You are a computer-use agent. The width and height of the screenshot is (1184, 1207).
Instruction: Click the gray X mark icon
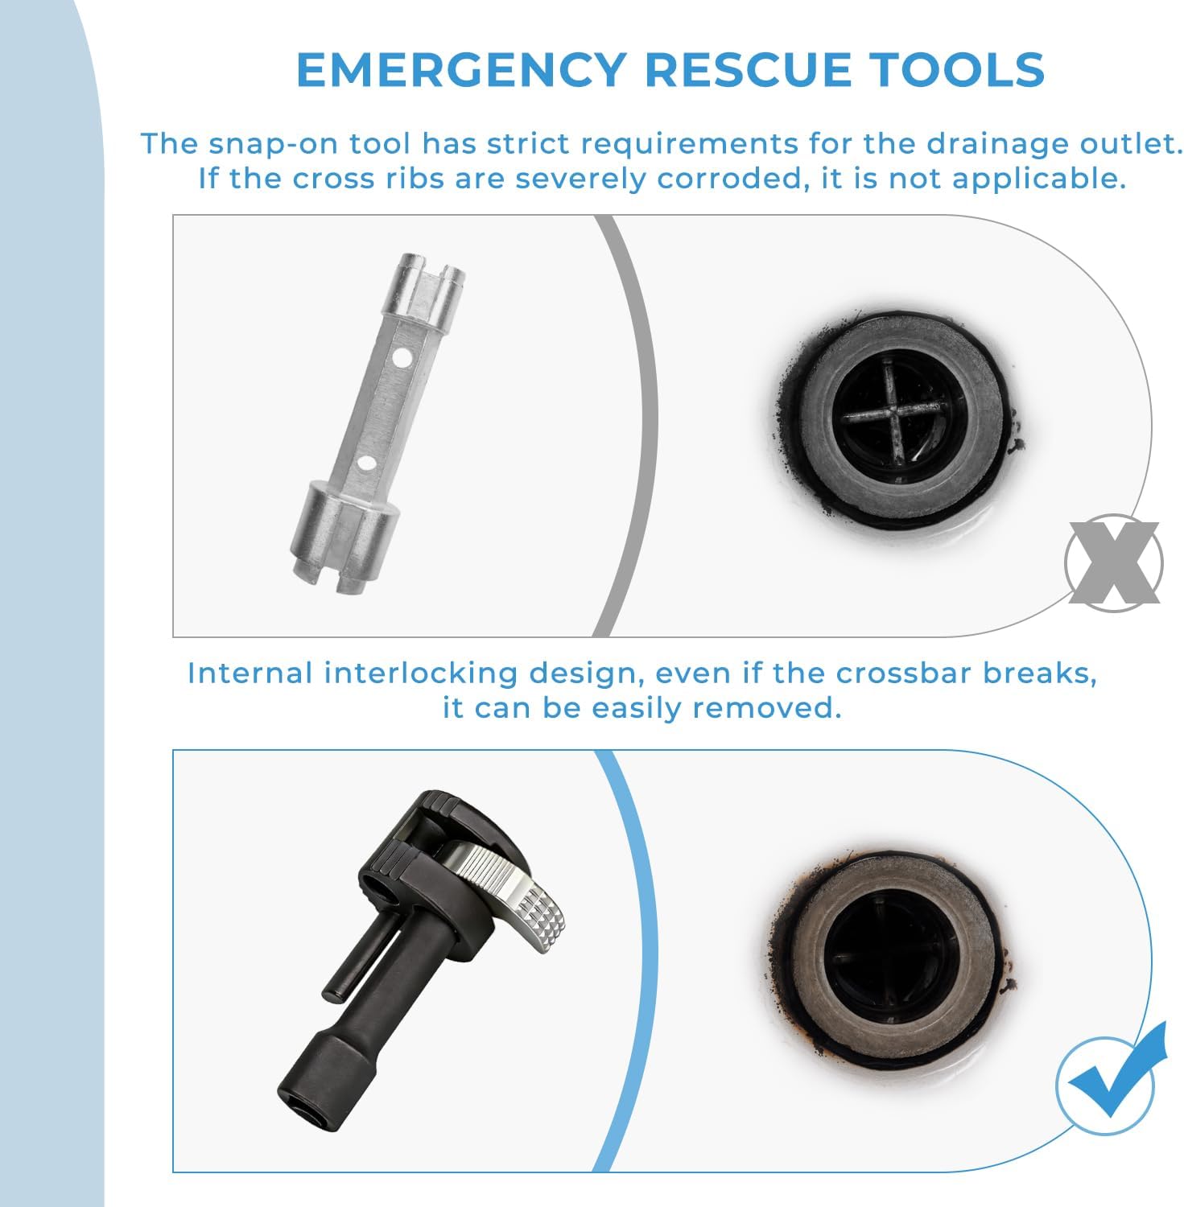tap(1114, 563)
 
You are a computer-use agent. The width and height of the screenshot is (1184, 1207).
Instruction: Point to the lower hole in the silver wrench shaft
tap(365, 463)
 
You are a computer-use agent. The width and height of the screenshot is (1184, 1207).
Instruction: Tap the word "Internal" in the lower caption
tap(250, 673)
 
